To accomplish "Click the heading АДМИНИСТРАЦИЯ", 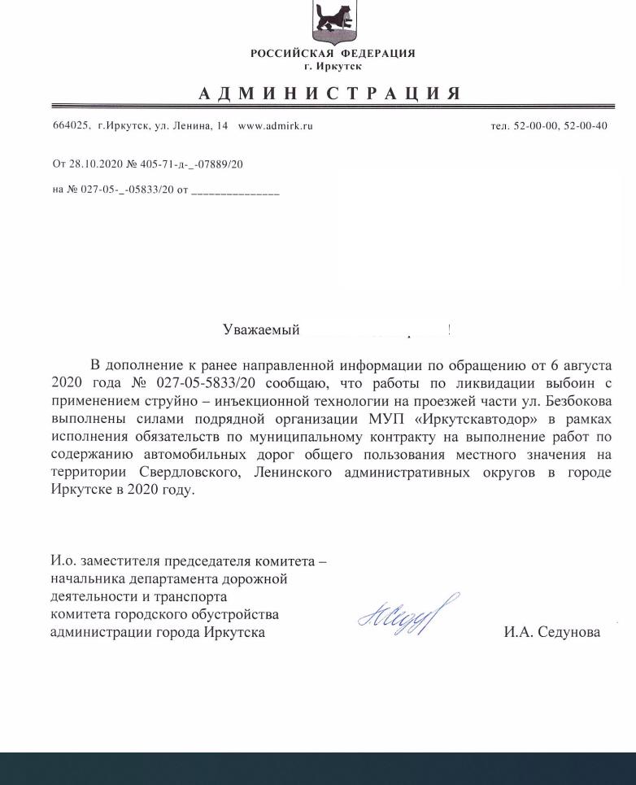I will click(330, 94).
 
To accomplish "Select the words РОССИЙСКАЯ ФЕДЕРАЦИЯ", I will click(333, 54).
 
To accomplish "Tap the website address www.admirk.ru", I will click(275, 126).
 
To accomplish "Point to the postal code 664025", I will click(70, 126).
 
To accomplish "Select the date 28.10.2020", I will click(96, 164).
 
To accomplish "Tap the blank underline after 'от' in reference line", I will click(235, 192).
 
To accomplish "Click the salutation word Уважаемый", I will click(261, 329).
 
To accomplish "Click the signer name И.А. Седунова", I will click(551, 632).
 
